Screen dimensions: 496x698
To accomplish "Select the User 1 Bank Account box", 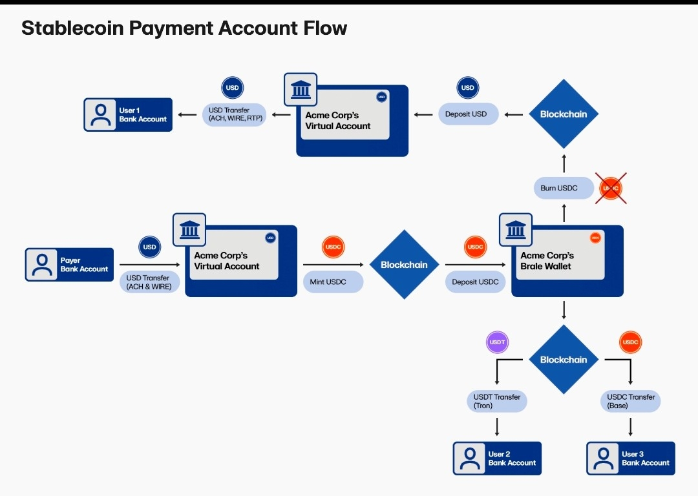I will [x=128, y=115].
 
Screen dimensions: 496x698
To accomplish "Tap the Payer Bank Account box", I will [x=69, y=265].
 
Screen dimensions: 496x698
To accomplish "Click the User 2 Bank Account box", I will [x=497, y=459].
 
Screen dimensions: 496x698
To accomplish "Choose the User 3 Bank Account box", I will [x=631, y=459].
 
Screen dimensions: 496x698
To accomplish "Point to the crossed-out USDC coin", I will [x=611, y=189].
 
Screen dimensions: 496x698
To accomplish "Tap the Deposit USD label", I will [x=466, y=114].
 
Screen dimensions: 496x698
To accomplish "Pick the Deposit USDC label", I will [x=475, y=282].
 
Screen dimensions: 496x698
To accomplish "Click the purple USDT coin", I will [x=497, y=342].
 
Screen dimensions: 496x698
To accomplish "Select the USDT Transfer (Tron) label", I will [x=496, y=401].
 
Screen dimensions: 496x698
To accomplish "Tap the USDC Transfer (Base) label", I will [x=631, y=401].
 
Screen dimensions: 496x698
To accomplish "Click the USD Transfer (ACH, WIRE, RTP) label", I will [x=234, y=115].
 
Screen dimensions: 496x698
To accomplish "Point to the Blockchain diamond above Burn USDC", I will [x=564, y=114].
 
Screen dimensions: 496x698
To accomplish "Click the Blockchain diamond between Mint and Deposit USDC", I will [x=404, y=265].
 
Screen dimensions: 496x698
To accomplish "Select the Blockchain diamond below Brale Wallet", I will [x=564, y=360].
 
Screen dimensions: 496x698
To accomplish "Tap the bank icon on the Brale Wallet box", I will [x=515, y=229].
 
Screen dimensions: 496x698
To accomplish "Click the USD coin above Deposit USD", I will [x=467, y=88].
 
